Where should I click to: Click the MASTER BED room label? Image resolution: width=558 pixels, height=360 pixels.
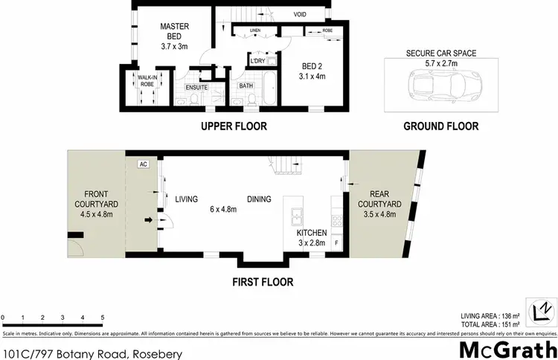coord(175,31)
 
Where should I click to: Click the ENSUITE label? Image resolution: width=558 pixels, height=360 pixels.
coord(197,88)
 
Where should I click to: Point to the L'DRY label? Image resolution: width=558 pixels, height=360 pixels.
coord(257,60)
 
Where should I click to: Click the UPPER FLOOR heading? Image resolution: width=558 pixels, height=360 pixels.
coord(234,126)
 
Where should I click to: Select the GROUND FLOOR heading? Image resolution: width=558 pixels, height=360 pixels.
coord(440,126)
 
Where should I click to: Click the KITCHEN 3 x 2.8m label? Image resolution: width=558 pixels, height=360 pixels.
coord(312,238)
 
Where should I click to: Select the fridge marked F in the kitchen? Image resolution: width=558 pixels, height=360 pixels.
coord(336,243)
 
